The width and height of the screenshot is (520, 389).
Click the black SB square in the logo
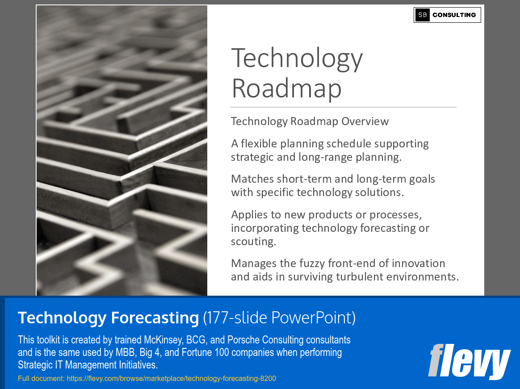coord(422,15)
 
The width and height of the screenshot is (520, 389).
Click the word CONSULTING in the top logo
coord(454,15)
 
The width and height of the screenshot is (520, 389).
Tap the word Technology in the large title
coord(297,59)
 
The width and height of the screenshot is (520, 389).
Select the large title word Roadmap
coord(286,88)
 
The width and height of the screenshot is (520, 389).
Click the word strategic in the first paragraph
coord(251,157)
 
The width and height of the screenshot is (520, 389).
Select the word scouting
coord(252,242)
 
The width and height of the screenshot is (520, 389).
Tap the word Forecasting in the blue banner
coord(155,318)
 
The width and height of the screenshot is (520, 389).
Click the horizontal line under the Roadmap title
coord(343,107)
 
